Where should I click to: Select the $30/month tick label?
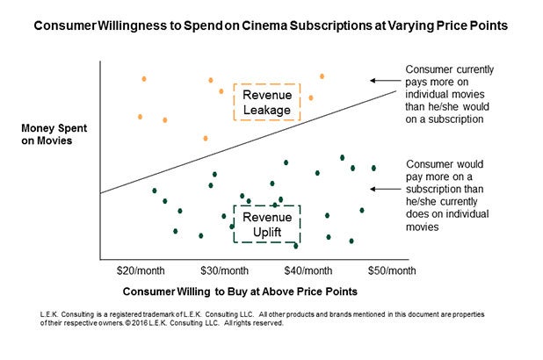(223, 270)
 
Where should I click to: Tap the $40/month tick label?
(308, 270)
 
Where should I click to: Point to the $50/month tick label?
(392, 270)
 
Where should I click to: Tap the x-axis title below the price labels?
(241, 291)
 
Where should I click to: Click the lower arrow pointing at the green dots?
(384, 189)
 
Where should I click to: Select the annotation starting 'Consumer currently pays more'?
(447, 93)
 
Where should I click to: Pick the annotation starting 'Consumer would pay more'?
(447, 195)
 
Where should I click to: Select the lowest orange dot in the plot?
(206, 138)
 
